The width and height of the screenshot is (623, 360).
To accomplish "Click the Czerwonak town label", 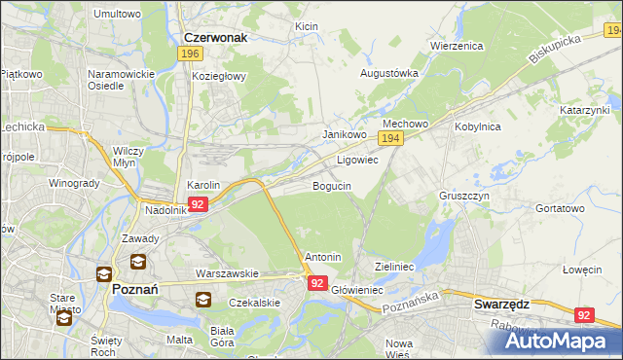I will click(x=215, y=37).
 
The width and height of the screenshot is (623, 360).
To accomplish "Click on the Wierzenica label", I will click(x=457, y=45).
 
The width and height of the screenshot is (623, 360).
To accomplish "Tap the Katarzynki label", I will click(x=583, y=110).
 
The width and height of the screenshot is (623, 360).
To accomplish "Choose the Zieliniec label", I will click(x=395, y=266).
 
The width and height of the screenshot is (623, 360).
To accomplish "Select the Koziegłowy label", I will click(x=219, y=75).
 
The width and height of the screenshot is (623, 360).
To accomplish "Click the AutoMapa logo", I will click(x=551, y=340).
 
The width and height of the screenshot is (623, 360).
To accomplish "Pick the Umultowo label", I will click(x=116, y=15).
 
